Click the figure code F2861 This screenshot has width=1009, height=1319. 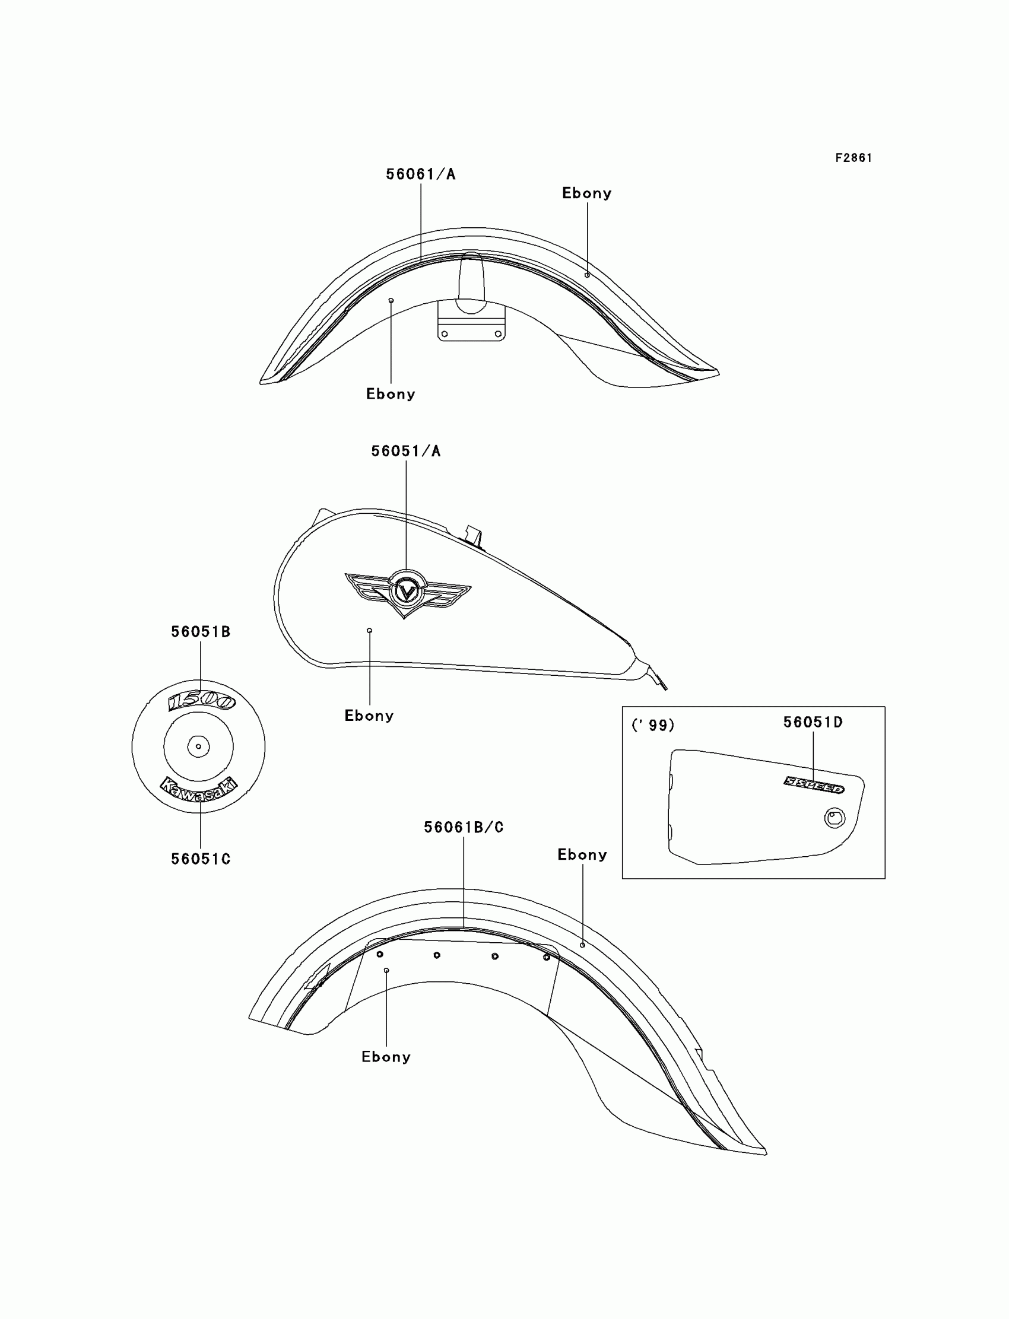[853, 158]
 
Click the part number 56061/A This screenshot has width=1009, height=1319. [420, 174]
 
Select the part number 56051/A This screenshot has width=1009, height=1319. [405, 451]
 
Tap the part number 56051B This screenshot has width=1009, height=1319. [201, 631]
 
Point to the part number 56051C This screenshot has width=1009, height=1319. [201, 859]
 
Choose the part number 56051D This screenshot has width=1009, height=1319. [813, 722]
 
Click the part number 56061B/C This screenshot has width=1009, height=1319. [463, 827]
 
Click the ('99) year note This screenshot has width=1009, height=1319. [653, 725]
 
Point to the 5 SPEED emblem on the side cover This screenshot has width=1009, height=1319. [814, 784]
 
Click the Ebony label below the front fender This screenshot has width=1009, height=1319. [391, 394]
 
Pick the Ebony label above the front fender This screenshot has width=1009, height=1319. [586, 193]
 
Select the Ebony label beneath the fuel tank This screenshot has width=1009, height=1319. [369, 716]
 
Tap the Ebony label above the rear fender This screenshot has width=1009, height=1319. [582, 854]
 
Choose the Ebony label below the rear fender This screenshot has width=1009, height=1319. [386, 1057]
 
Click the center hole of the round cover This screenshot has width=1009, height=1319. [198, 746]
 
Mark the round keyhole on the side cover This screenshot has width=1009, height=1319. [835, 818]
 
